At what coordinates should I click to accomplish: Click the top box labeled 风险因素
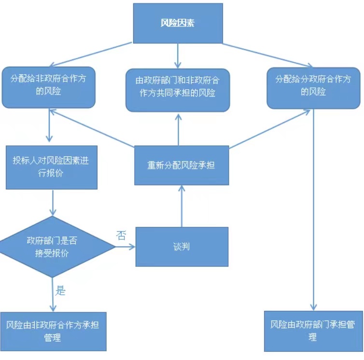pos(178,23)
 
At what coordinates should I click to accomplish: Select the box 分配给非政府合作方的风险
pos(47,87)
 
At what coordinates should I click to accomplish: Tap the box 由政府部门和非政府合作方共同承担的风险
pos(178,90)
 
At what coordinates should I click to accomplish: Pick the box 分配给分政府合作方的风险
pos(313,87)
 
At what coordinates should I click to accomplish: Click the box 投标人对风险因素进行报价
pos(51,167)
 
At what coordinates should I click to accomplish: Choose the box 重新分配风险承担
pos(182,165)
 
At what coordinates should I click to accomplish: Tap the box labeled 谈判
pos(182,246)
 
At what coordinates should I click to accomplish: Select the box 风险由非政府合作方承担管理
pos(53,331)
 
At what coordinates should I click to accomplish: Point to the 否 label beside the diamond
pos(121,235)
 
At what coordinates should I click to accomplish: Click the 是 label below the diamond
pos(61,290)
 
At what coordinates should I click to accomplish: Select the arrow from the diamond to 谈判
pos(126,247)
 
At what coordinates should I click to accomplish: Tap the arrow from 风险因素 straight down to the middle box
pos(178,55)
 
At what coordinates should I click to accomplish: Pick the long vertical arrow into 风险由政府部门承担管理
pos(314,208)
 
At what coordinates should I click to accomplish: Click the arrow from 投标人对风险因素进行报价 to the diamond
pos(52,203)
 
